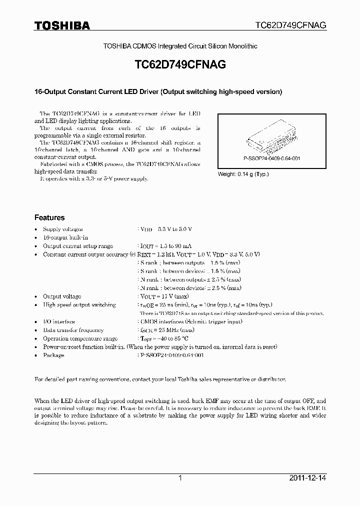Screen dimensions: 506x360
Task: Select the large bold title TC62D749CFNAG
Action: pyautogui.click(x=180, y=65)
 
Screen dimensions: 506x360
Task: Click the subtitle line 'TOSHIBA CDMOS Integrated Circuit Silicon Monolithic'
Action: pyautogui.click(x=180, y=46)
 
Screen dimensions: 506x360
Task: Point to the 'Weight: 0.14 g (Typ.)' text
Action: pyautogui.click(x=243, y=174)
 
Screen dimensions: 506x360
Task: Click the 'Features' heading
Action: pyautogui.click(x=49, y=218)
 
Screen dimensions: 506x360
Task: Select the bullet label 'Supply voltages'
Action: pyautogui.click(x=63, y=229)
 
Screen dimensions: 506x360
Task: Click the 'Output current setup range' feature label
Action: pyautogui.click(x=78, y=246)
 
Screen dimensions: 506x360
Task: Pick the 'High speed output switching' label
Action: pyautogui.click(x=79, y=305)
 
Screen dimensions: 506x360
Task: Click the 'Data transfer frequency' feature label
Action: pyautogui.click(x=73, y=330)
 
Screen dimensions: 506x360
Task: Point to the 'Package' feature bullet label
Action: pyautogui.click(x=53, y=355)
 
